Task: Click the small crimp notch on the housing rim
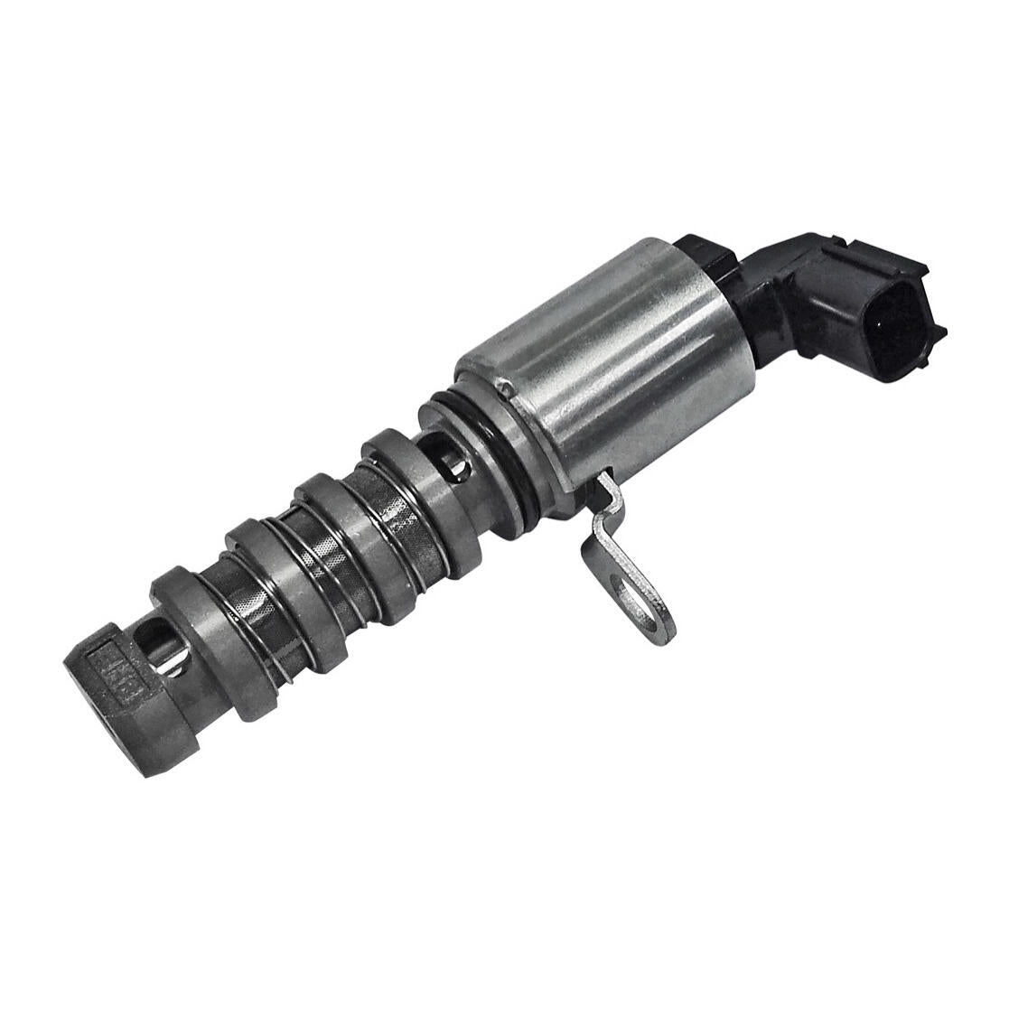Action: click(x=509, y=389)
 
